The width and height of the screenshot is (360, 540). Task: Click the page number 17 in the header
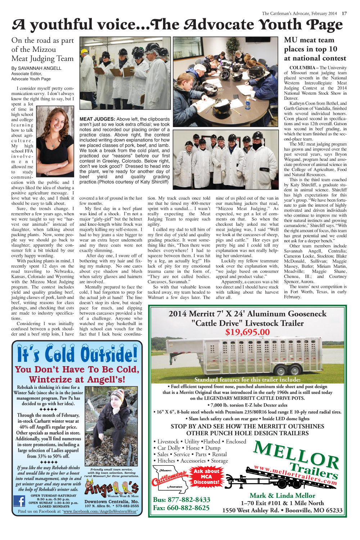point(344,13)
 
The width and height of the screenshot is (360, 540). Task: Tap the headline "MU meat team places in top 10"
point(315,49)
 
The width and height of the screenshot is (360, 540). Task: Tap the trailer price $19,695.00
point(247,332)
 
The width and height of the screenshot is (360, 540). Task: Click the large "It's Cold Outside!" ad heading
point(77,354)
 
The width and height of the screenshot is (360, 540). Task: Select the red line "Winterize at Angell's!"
point(77,379)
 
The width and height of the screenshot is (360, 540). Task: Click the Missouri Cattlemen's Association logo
point(170,478)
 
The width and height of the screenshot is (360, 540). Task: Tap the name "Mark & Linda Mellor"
point(282,495)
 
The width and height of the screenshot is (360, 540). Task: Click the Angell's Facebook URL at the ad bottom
point(100,511)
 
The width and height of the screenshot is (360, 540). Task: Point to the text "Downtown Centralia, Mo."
point(112,501)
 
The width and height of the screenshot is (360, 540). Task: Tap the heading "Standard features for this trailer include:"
point(247,379)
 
